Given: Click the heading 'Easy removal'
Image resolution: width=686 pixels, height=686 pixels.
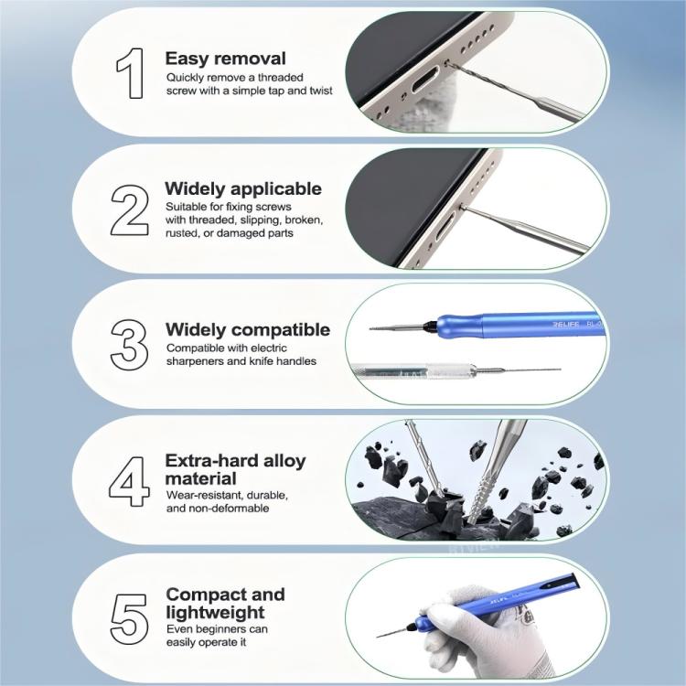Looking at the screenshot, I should [x=225, y=58].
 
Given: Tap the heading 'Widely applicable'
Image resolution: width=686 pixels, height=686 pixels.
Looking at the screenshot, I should [x=242, y=188].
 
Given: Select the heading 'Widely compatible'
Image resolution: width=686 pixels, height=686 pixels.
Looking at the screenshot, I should [x=247, y=329].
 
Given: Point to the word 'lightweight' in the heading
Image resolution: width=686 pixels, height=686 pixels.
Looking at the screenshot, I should [x=215, y=612].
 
